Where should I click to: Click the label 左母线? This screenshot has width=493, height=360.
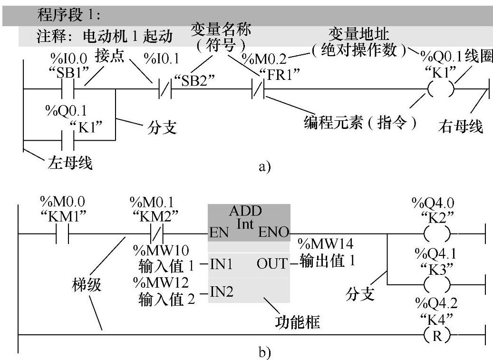(x=70, y=164)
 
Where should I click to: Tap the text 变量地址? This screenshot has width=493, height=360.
(x=359, y=34)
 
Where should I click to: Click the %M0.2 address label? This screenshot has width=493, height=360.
(x=264, y=59)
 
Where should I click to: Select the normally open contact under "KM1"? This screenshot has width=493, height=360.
(x=63, y=234)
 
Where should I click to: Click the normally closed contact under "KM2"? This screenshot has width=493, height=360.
(x=156, y=234)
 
